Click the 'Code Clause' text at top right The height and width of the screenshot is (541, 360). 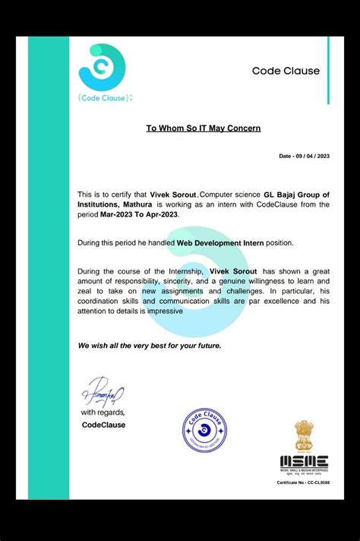pos(286,71)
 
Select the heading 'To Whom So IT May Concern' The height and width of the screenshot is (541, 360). pos(204,128)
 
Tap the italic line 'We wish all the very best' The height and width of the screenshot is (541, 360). pos(149,346)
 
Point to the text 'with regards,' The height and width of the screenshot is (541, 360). pos(103,413)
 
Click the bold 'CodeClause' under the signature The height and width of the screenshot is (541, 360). pos(103,425)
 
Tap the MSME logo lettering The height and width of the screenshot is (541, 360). pos(304,460)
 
